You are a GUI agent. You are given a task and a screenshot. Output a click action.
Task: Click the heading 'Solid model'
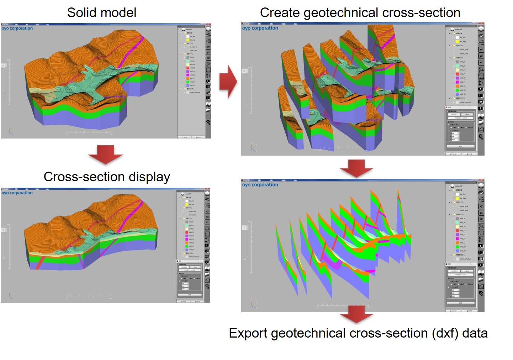pos(102,13)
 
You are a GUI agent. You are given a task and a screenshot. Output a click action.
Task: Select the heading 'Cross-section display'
pos(107,177)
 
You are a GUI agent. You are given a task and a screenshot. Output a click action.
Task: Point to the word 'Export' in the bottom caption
pos(248,333)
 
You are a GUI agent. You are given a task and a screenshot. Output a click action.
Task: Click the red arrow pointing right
pos(228,81)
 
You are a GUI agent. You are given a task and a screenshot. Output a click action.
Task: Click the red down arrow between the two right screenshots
pos(356,168)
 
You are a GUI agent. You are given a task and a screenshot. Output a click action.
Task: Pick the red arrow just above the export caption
pos(356,314)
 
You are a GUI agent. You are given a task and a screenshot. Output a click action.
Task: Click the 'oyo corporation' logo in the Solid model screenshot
pos(17,28)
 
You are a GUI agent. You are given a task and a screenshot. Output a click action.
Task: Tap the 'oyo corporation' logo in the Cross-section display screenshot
pos(17,193)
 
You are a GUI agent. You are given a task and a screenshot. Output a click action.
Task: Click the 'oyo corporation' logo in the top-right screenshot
pos(260,28)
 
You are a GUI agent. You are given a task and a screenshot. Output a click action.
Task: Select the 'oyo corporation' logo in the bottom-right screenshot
pos(260,185)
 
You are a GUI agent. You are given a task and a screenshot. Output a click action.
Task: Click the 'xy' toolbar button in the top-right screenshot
pos(481,50)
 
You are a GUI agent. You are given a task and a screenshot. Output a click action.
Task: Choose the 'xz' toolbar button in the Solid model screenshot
pos(208,58)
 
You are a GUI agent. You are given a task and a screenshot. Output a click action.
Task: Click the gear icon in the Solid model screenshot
pos(208,122)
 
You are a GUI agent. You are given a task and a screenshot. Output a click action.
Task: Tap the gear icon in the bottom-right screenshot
pos(481,293)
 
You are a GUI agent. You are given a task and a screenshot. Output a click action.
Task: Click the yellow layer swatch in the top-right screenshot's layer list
pos(457,42)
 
